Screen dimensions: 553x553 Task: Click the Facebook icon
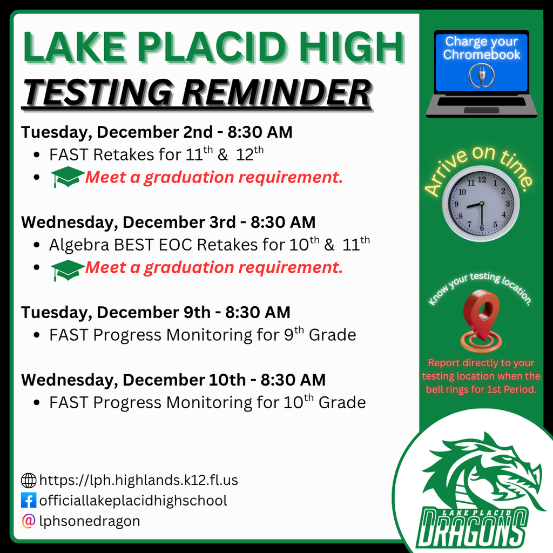point(29,501)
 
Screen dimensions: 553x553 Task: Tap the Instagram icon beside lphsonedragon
point(29,521)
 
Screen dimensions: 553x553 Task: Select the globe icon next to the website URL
point(29,480)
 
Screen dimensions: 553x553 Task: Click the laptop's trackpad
point(481,110)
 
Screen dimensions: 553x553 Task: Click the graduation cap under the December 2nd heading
point(68,177)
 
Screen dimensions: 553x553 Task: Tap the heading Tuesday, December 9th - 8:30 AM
point(156,312)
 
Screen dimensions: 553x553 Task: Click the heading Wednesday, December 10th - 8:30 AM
point(173,380)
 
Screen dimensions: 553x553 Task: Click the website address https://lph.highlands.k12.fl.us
point(139,480)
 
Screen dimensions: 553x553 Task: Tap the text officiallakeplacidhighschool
point(133,501)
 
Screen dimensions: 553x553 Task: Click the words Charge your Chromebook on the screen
point(482,48)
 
